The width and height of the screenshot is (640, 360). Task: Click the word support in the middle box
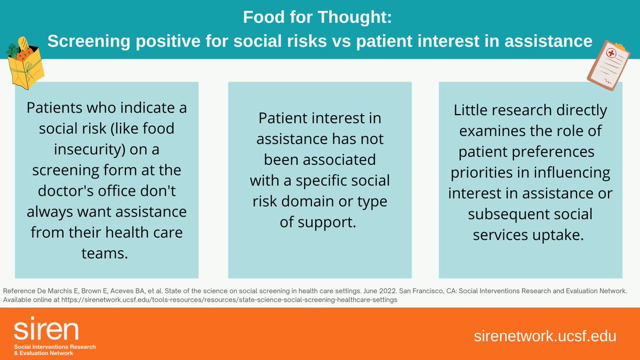coord(333,222)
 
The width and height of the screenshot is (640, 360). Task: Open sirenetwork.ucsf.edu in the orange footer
coord(545,336)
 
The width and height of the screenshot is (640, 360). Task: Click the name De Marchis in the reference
coord(51,291)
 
